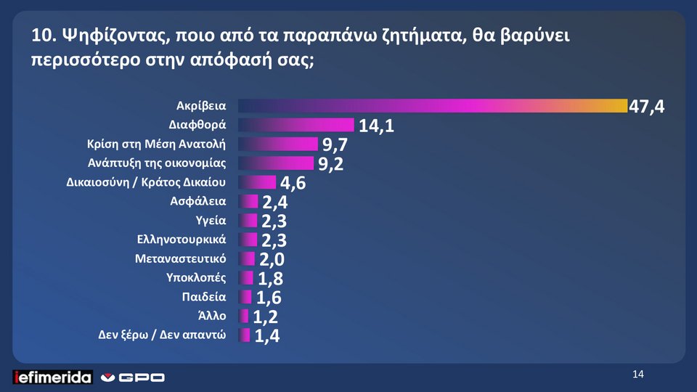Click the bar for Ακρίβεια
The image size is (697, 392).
pyautogui.click(x=432, y=106)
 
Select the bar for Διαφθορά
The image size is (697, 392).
pyautogui.click(x=295, y=125)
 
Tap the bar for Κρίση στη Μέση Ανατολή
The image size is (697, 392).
pyautogui.click(x=277, y=144)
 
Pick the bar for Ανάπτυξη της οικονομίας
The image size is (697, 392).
pyautogui.click(x=276, y=163)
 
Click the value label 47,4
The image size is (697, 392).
pyautogui.click(x=646, y=107)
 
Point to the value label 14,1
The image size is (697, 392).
pyautogui.click(x=376, y=126)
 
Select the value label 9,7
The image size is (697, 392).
pyautogui.click(x=339, y=146)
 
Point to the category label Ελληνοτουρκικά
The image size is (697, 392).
pyautogui.click(x=181, y=239)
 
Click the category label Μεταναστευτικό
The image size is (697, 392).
pyautogui.click(x=181, y=258)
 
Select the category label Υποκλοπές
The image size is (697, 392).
pyautogui.click(x=196, y=277)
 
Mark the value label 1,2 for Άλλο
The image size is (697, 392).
pyautogui.click(x=266, y=317)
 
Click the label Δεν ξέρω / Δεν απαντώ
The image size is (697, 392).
pyautogui.click(x=162, y=335)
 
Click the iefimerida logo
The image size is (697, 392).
pyautogui.click(x=52, y=377)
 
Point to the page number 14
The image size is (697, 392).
pyautogui.click(x=638, y=375)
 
